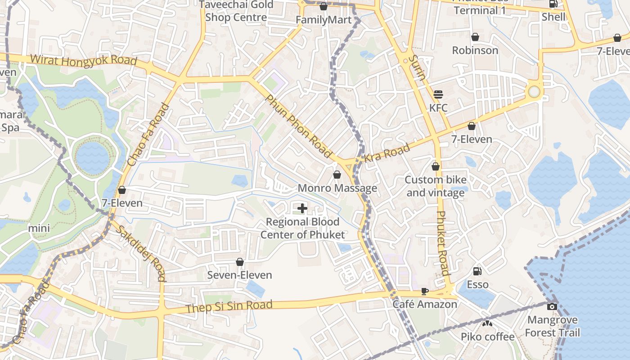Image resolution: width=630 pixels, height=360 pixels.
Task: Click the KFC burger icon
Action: (x=438, y=94)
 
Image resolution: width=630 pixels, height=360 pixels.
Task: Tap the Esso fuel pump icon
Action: (x=477, y=271)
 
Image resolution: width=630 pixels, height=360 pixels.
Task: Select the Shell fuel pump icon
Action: (x=553, y=4)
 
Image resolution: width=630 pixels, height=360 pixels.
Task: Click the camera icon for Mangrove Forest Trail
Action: (x=552, y=306)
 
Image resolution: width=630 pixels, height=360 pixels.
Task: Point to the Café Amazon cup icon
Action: (x=424, y=291)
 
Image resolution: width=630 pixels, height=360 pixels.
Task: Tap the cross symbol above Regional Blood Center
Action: (x=302, y=208)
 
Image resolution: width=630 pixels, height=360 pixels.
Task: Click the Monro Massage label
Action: (x=337, y=188)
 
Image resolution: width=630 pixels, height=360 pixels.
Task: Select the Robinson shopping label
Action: (x=475, y=50)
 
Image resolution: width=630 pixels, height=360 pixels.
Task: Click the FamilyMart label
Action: (x=323, y=20)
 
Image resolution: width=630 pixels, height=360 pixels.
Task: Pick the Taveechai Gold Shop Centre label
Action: (x=236, y=11)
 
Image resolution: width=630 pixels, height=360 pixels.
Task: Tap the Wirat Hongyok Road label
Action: (x=83, y=60)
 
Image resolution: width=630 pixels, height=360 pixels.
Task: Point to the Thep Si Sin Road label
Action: (x=229, y=306)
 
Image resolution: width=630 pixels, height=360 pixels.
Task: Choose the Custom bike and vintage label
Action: (x=435, y=186)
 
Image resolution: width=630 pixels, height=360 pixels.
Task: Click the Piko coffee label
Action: (x=487, y=337)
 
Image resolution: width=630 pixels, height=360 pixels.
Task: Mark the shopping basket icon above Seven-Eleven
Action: (x=240, y=262)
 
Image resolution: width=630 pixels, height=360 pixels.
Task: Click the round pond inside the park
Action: (x=92, y=157)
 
